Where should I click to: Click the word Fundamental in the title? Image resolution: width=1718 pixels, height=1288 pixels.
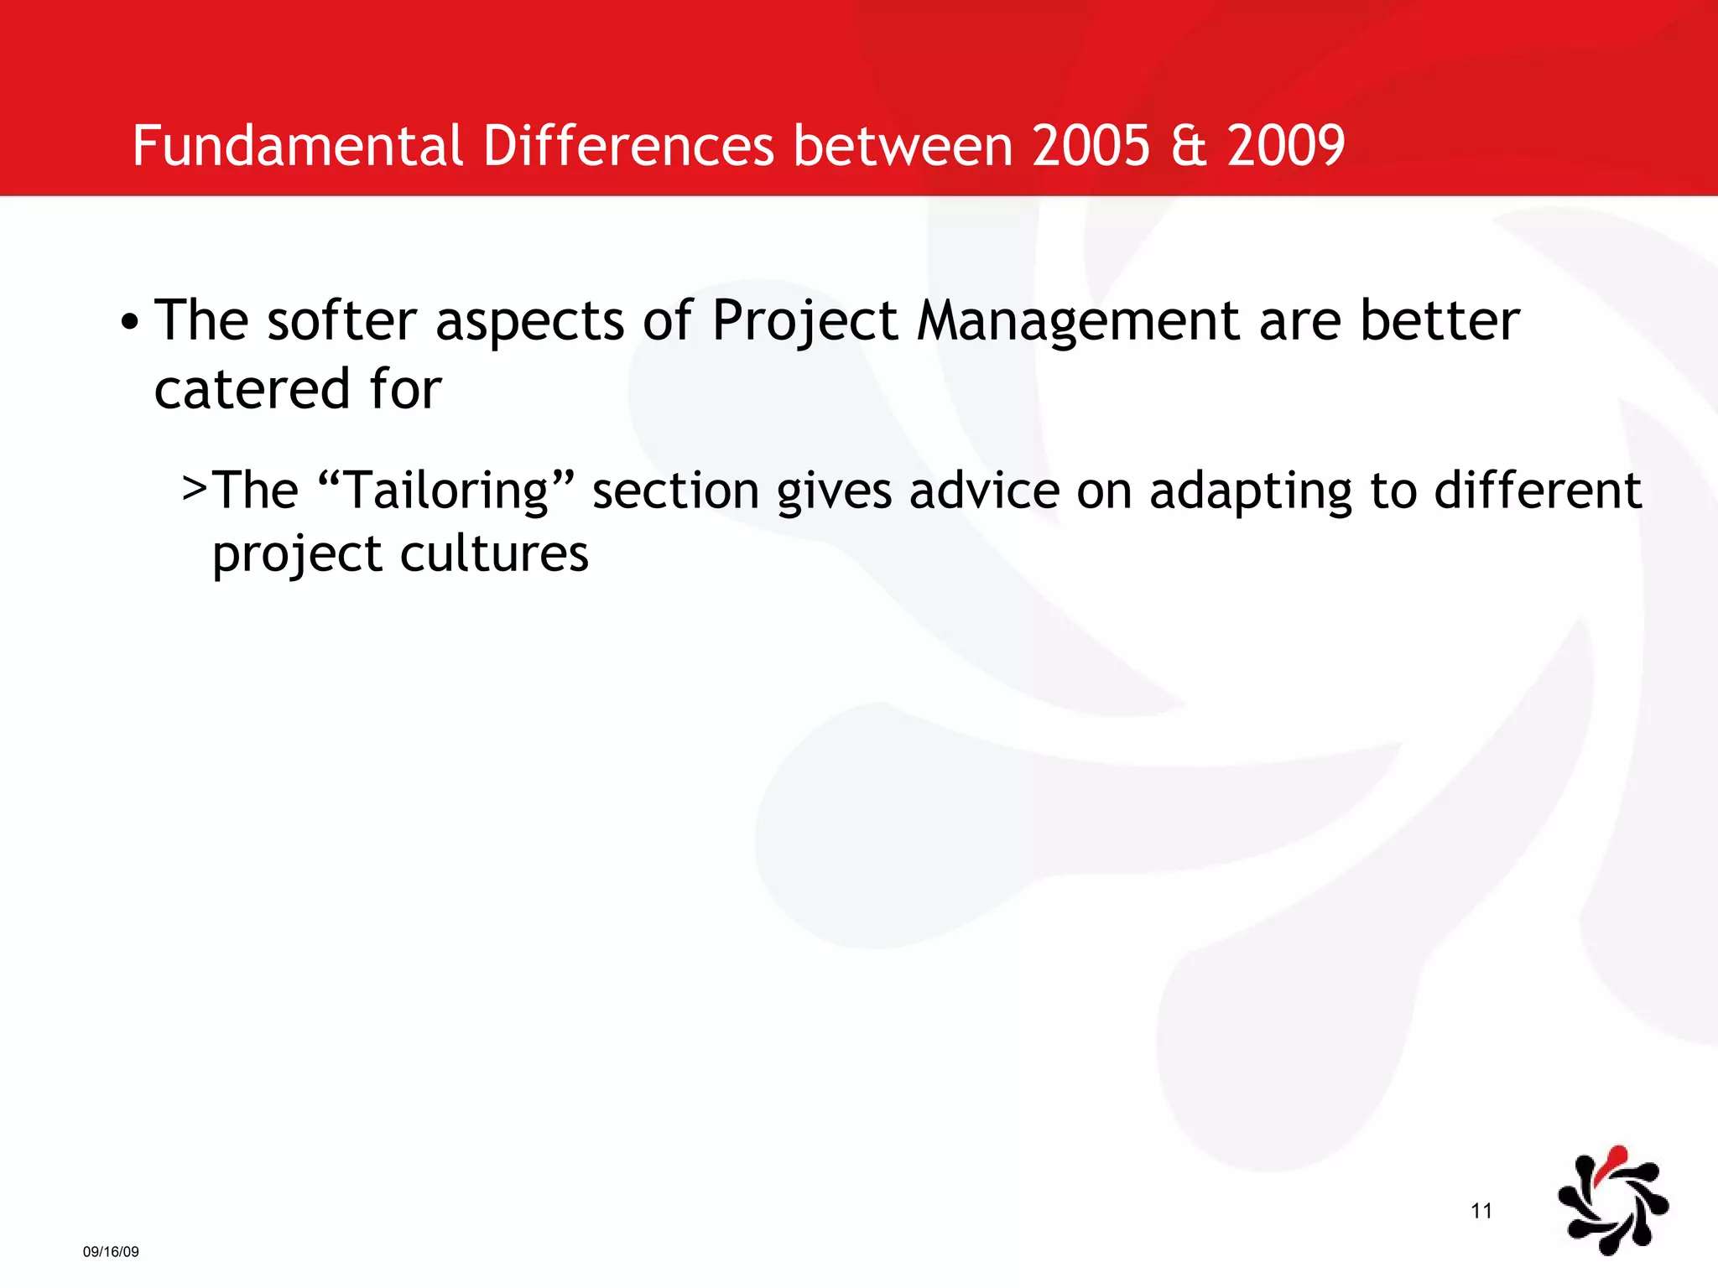click(x=298, y=146)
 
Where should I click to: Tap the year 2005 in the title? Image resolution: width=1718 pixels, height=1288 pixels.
click(x=1091, y=146)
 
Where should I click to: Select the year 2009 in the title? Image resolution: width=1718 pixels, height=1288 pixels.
click(x=1286, y=146)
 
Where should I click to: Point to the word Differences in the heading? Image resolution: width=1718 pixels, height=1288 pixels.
click(x=628, y=146)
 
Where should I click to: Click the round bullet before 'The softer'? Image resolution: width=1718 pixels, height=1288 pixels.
click(x=128, y=323)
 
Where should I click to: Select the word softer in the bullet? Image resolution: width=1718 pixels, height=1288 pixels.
click(x=341, y=321)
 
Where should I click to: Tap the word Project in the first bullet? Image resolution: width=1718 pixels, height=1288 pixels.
click(x=804, y=323)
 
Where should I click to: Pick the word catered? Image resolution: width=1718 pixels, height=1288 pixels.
click(x=252, y=390)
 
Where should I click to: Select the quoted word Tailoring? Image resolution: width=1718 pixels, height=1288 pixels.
click(x=447, y=491)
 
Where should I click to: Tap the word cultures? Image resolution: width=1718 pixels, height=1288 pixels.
click(x=494, y=554)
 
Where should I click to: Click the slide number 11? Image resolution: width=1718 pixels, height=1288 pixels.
click(x=1481, y=1211)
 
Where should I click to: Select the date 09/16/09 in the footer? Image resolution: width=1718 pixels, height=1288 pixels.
click(x=111, y=1252)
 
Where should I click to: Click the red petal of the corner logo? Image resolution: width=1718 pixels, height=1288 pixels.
click(x=1613, y=1163)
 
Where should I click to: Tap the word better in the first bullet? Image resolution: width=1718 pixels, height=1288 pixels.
click(x=1439, y=321)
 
